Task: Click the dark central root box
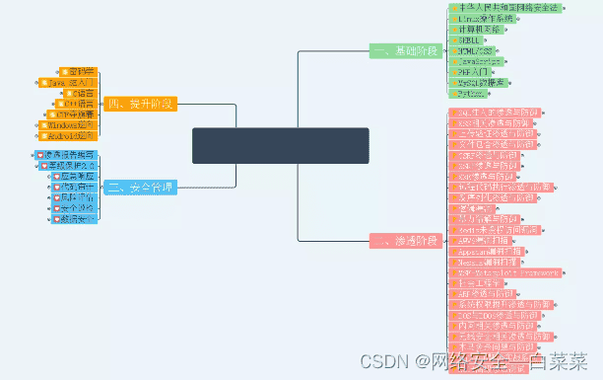pos(281,145)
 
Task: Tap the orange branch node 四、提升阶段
pos(141,104)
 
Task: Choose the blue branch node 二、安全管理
pos(141,187)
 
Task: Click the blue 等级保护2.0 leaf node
pos(66,165)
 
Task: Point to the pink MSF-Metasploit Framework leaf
pos(506,272)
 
